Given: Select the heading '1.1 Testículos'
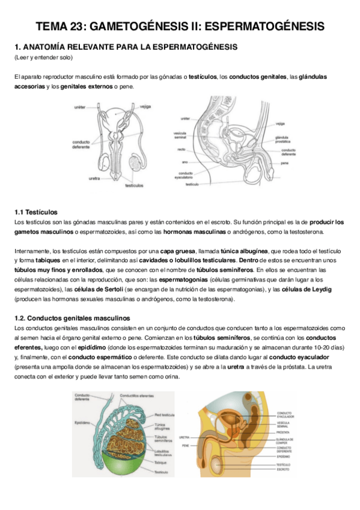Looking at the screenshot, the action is click(35, 212).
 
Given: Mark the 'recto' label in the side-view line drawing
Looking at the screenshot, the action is click(181, 149).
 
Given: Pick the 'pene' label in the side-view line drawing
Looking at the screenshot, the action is click(285, 163).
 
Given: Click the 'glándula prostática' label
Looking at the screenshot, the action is click(283, 140).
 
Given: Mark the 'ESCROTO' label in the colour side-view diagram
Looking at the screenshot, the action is click(283, 470).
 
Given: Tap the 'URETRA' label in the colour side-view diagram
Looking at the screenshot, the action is click(185, 437).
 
